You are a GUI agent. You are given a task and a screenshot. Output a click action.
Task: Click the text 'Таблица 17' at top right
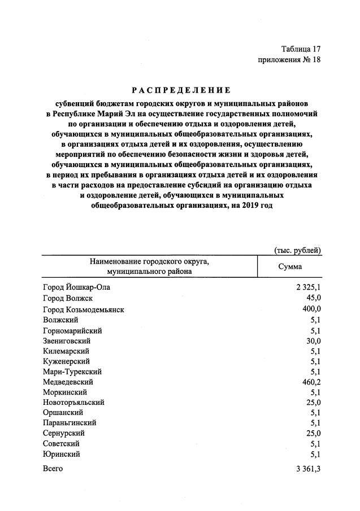pyautogui.click(x=301, y=49)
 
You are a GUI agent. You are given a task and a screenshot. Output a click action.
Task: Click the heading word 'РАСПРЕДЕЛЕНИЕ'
pyautogui.click(x=181, y=90)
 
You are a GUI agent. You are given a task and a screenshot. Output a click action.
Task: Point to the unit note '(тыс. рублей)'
pyautogui.click(x=298, y=250)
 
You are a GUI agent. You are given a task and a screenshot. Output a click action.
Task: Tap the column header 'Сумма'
pyautogui.click(x=290, y=267)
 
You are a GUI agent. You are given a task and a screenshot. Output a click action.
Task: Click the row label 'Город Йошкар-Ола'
pyautogui.click(x=76, y=287)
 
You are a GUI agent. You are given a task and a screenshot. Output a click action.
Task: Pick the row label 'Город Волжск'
pyautogui.click(x=67, y=298)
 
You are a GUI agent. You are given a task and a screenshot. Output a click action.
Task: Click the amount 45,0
pyautogui.click(x=314, y=298)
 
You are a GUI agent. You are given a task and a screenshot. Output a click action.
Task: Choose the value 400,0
pyautogui.click(x=311, y=309)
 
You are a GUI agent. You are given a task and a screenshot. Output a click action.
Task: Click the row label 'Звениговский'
pyautogui.click(x=66, y=341)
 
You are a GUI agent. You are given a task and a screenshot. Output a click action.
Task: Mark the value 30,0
pyautogui.click(x=314, y=341)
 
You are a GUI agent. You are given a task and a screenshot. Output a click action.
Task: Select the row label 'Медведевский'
pyautogui.click(x=68, y=382)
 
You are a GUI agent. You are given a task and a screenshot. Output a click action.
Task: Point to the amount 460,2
pyautogui.click(x=311, y=382)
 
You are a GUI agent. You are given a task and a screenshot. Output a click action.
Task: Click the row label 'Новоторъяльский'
pyautogui.click(x=73, y=403)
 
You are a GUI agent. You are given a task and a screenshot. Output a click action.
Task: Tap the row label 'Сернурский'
pyautogui.click(x=63, y=433)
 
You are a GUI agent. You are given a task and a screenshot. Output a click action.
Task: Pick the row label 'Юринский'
pyautogui.click(x=61, y=453)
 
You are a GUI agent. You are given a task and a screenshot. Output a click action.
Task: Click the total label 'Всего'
pyautogui.click(x=53, y=469)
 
